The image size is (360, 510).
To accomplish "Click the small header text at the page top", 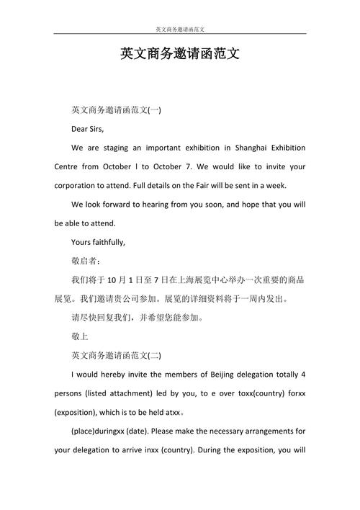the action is [x=180, y=30].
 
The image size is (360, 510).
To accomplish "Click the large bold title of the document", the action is [x=180, y=54].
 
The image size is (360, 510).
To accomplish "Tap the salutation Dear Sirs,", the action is [x=88, y=129].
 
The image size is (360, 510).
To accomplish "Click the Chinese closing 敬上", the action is [x=80, y=335].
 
